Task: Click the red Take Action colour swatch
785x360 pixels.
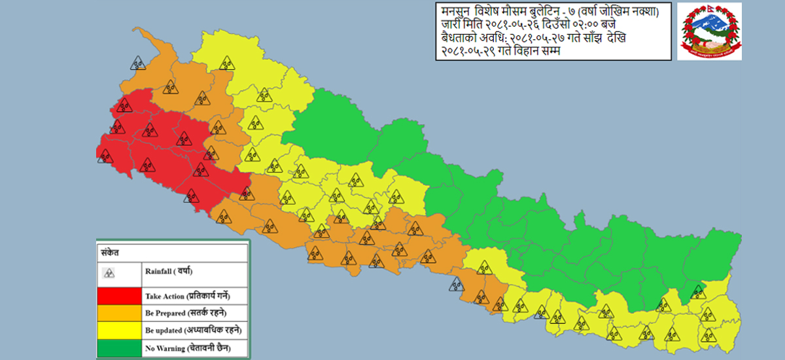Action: [120, 296]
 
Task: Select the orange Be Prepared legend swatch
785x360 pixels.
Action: [120, 314]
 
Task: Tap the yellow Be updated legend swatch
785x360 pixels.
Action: [120, 331]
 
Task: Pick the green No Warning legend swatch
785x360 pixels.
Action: [120, 348]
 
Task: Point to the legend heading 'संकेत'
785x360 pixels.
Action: [109, 251]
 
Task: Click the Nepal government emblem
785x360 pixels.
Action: [708, 31]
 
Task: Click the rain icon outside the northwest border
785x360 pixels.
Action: [137, 63]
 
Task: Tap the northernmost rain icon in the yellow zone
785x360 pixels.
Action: [226, 63]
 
